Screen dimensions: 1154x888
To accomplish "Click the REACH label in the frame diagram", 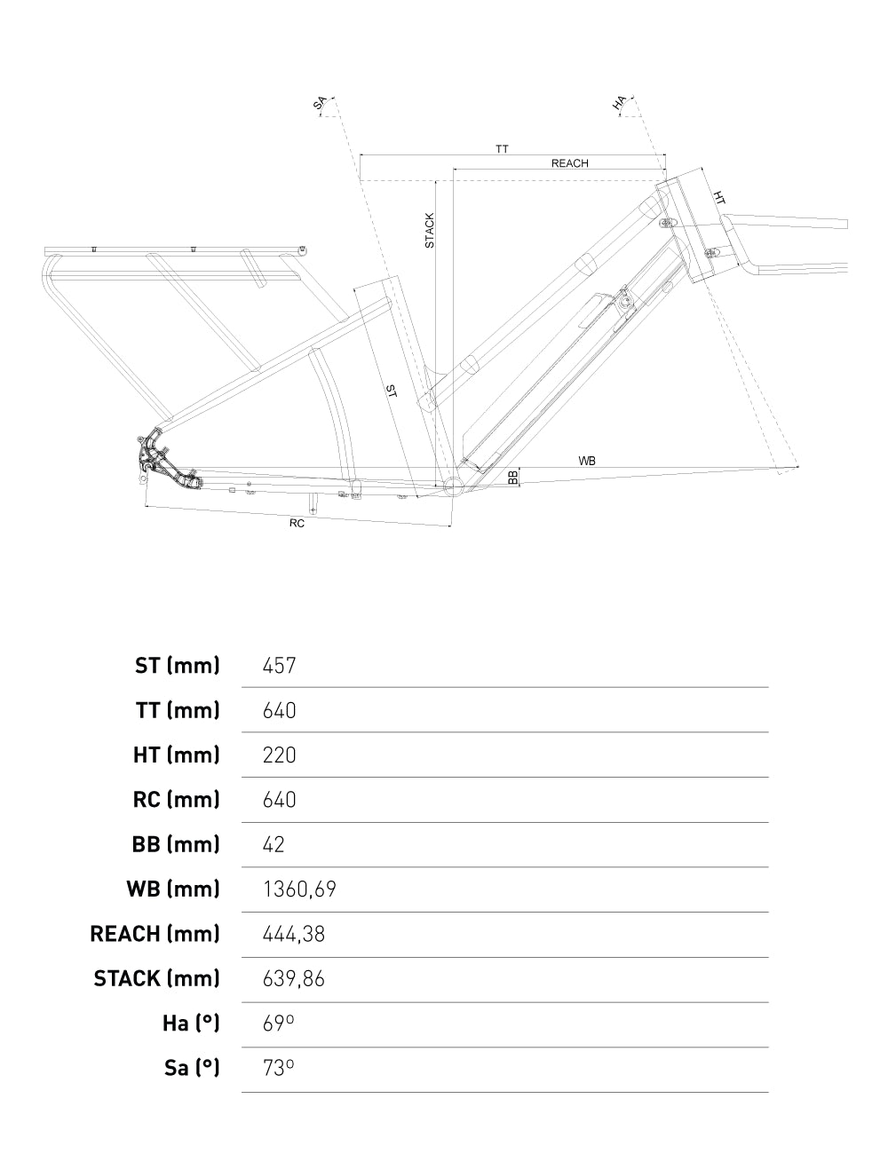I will click(569, 163).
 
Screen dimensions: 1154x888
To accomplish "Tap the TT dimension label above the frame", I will click(502, 149).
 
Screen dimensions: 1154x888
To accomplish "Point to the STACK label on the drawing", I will click(430, 230).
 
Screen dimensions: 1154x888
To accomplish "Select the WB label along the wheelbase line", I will click(587, 461).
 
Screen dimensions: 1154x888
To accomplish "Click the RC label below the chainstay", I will click(297, 524).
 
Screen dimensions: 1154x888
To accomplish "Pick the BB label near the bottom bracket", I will click(513, 477).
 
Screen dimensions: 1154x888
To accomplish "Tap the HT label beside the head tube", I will click(719, 198).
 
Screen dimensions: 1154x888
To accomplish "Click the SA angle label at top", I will click(320, 105).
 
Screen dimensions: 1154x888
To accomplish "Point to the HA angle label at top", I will click(620, 105).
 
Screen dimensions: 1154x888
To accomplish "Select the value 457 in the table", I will click(279, 665).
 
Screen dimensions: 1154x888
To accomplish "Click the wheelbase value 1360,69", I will click(299, 889).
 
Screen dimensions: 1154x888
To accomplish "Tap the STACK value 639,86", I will click(294, 978).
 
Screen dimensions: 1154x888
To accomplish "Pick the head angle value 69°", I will click(278, 1024).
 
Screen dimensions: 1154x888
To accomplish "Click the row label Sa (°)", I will click(191, 1068).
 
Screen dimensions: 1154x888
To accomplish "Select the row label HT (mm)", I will click(176, 755).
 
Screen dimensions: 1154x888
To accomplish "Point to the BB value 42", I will click(274, 844).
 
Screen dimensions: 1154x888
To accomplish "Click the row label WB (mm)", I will click(174, 889).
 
